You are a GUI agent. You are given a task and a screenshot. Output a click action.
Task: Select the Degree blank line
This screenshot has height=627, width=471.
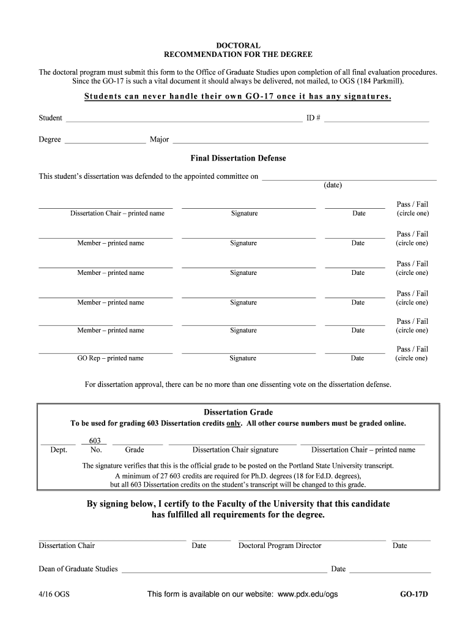(x=105, y=141)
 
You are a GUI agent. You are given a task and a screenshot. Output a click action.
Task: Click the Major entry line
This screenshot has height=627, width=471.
(x=300, y=141)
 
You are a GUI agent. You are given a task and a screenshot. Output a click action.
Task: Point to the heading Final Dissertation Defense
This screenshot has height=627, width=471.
(x=238, y=158)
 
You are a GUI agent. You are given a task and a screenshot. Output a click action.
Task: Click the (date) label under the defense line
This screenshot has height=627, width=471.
(x=333, y=185)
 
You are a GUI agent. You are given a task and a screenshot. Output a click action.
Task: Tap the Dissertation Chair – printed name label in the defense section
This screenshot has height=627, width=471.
(x=117, y=213)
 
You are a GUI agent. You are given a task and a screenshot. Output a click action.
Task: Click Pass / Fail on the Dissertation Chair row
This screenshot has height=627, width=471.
(x=412, y=204)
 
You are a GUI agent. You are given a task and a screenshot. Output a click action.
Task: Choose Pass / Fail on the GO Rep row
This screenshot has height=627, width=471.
(x=412, y=349)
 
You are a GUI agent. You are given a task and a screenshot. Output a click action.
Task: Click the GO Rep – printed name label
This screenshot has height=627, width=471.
(x=110, y=358)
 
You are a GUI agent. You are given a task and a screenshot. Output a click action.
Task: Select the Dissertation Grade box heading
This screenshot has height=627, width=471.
(x=238, y=412)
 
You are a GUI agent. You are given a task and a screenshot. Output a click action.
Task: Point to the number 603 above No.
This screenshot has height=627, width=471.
(x=95, y=440)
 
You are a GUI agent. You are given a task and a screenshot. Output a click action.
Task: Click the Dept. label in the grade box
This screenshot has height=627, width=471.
(x=59, y=450)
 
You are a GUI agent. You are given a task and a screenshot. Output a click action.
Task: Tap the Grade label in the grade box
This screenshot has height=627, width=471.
(x=135, y=450)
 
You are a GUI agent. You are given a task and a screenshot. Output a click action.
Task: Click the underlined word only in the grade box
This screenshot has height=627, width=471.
(x=234, y=423)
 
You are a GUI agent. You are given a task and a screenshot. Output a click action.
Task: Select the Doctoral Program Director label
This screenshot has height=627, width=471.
(x=280, y=546)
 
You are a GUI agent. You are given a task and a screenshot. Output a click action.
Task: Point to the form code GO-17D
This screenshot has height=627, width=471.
(x=414, y=594)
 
